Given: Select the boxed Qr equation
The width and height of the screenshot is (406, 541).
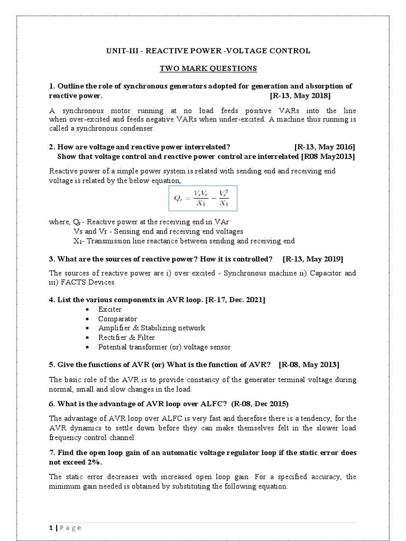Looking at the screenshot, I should coord(203,198).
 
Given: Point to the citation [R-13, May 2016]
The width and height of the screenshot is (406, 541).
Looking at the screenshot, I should coord(325,146).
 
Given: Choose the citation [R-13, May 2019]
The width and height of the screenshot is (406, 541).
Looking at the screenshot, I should coord(313,259).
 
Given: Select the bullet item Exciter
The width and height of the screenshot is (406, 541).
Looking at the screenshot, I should coord(109,310).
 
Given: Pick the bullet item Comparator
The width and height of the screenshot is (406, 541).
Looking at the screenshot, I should coord(117,319).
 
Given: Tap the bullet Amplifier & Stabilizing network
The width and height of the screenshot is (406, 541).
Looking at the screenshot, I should coord(151,328).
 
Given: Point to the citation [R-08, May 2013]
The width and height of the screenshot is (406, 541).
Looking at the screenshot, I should coord(309,365).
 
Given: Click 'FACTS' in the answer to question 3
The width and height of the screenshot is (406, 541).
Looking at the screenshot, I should coord(72,282).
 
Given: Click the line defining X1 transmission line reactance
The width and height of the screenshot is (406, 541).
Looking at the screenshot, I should coord(184,241).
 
